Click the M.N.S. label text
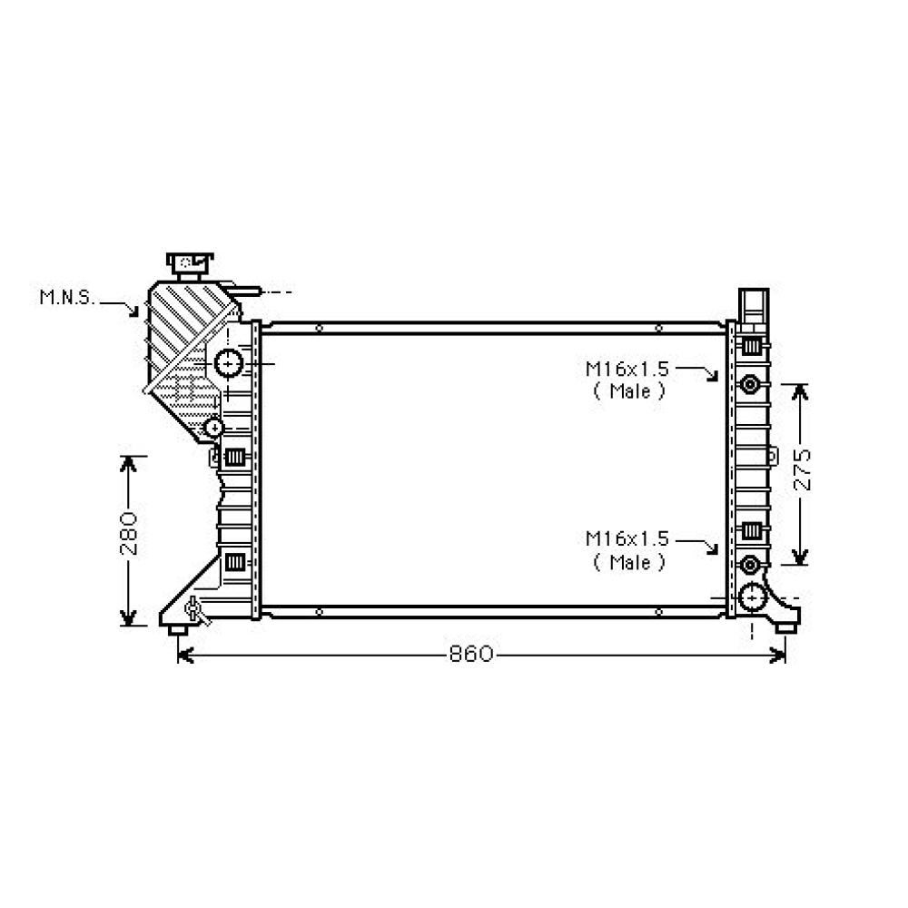coord(66,297)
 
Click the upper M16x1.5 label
coord(627,369)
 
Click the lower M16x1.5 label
coord(627,539)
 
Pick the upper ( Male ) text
coord(629,391)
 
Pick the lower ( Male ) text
coord(629,562)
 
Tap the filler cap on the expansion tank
coord(189,263)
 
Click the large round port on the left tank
coord(228,363)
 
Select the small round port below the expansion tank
coord(214,426)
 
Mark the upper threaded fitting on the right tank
coord(750,384)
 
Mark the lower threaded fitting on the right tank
coord(750,565)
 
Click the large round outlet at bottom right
coord(753,597)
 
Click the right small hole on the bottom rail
coord(658,613)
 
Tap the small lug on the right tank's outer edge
coord(773,455)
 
